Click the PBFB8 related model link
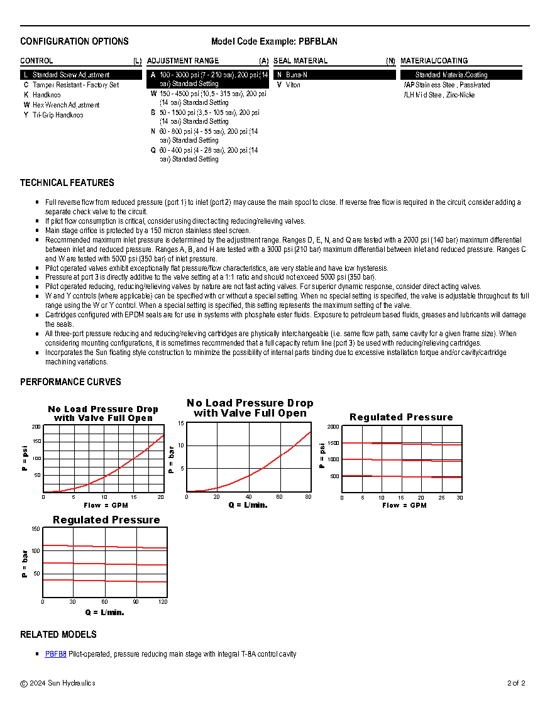[55, 654]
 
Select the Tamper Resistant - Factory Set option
[75, 85]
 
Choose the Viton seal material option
[293, 85]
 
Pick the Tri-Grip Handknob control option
[58, 115]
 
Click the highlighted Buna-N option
[296, 75]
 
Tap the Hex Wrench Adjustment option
[66, 105]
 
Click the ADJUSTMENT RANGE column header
[183, 61]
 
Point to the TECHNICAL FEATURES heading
[67, 183]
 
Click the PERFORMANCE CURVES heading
[70, 382]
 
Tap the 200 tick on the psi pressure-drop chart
[36, 427]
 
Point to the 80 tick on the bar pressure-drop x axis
[308, 497]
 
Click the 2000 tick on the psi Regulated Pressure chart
[333, 427]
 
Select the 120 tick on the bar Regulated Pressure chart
[163, 602]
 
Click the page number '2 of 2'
[515, 683]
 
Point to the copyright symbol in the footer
[24, 684]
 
